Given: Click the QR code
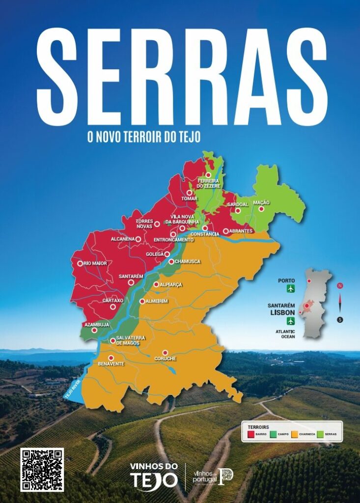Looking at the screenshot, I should click(42, 470).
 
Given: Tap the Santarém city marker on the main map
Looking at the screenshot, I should click(131, 282).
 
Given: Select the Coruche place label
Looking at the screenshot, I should click(165, 359).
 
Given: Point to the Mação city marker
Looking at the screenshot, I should click(261, 209).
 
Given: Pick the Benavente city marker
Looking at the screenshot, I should click(111, 358).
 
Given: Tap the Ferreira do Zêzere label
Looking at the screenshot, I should click(209, 184).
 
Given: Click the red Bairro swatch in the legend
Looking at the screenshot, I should click(250, 434).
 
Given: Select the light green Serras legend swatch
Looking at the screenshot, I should click(321, 434).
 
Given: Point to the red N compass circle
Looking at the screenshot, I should click(340, 285).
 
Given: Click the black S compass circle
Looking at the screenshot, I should click(340, 320).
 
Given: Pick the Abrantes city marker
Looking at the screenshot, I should click(226, 231).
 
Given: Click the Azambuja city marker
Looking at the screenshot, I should click(94, 330).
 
